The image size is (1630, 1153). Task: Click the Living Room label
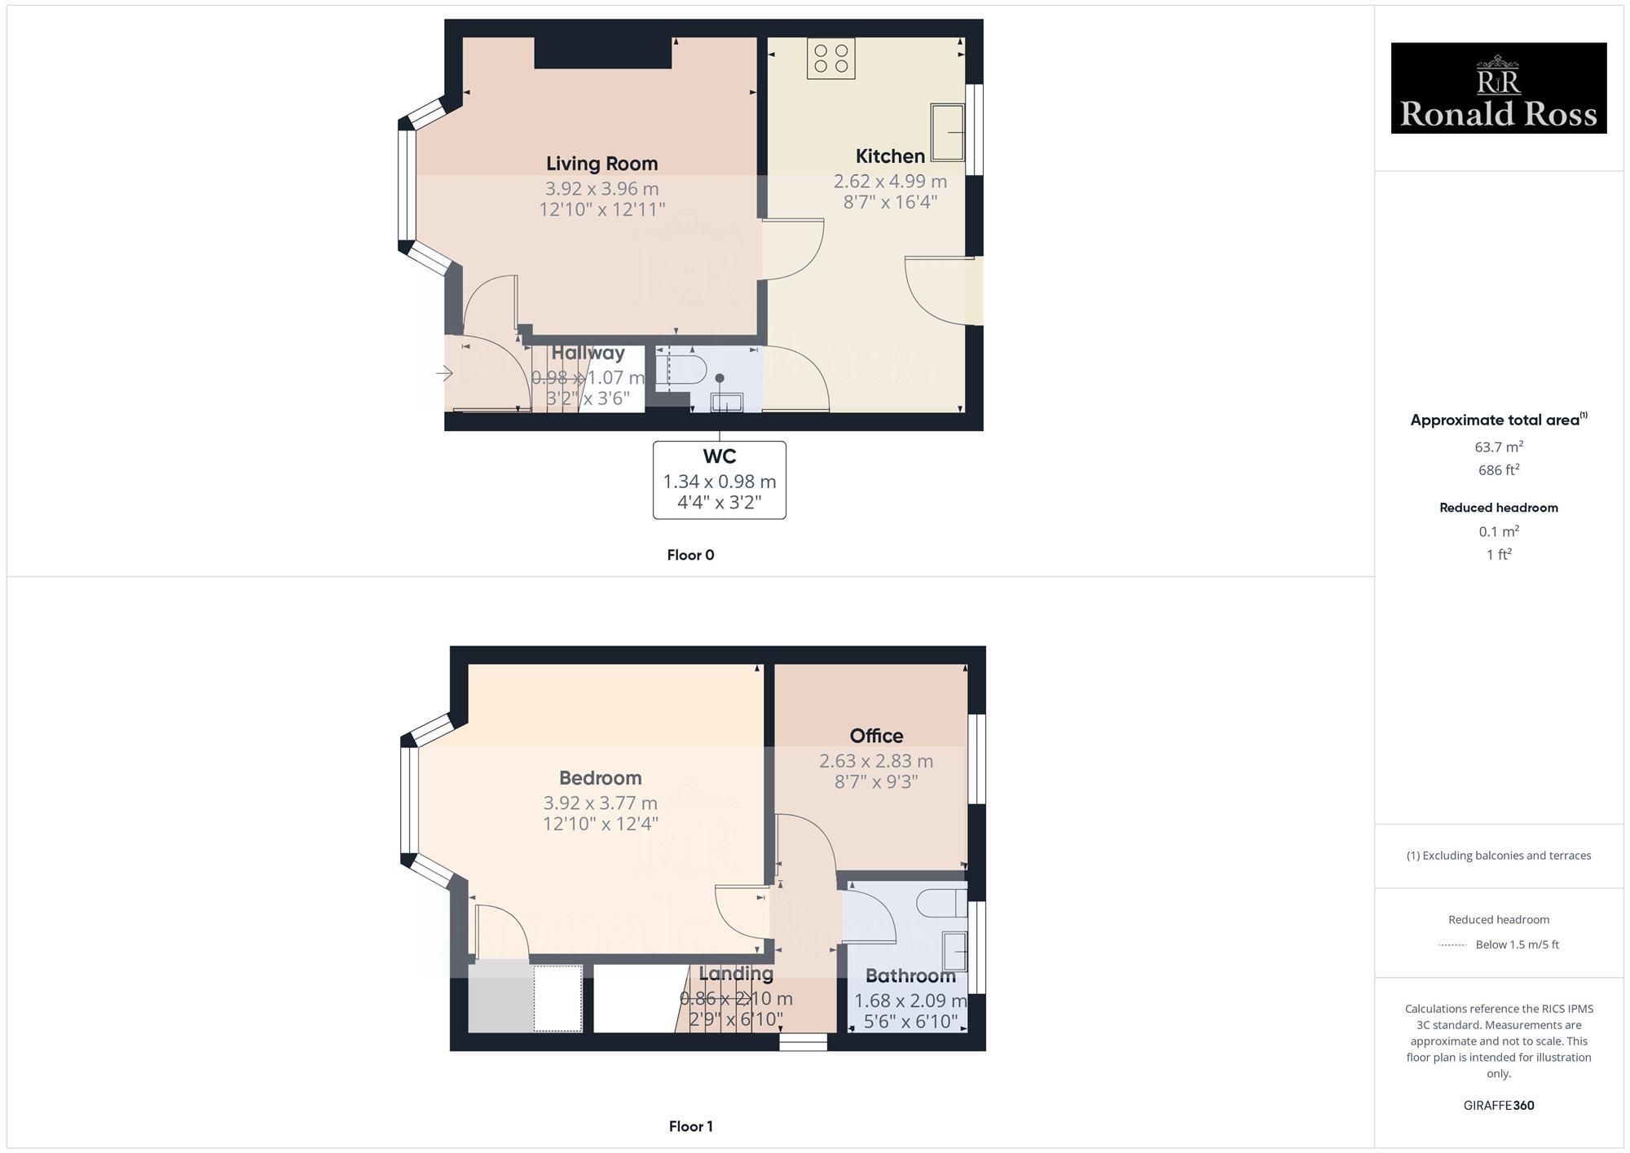point(601,164)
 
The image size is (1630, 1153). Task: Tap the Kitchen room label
point(890,156)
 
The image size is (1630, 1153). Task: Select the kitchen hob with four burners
point(831,59)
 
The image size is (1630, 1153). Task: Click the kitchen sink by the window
point(949,132)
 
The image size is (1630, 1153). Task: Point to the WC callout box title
point(719,457)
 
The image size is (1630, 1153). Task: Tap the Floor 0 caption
point(690,555)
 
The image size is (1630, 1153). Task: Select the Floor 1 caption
point(690,1126)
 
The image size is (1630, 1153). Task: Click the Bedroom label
point(600,778)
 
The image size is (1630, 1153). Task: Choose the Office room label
point(876,736)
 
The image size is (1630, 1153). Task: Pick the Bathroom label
point(910,975)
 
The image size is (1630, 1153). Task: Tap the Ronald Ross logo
point(1498,88)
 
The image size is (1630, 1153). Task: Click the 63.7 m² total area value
point(1498,447)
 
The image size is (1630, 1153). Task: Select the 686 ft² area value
point(1498,470)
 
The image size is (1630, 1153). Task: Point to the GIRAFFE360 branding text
point(1498,1106)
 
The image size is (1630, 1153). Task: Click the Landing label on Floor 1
point(736,973)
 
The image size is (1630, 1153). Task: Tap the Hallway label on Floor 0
point(588,353)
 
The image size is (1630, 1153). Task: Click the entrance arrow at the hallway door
point(445,374)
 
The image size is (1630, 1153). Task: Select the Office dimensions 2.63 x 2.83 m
point(876,761)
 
